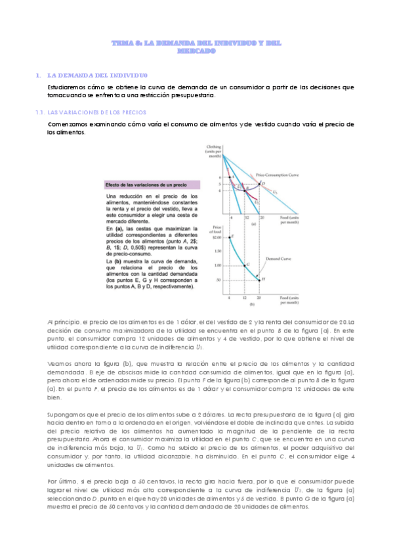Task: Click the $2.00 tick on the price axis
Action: coord(218,237)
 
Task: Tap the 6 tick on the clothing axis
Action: coord(220,177)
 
